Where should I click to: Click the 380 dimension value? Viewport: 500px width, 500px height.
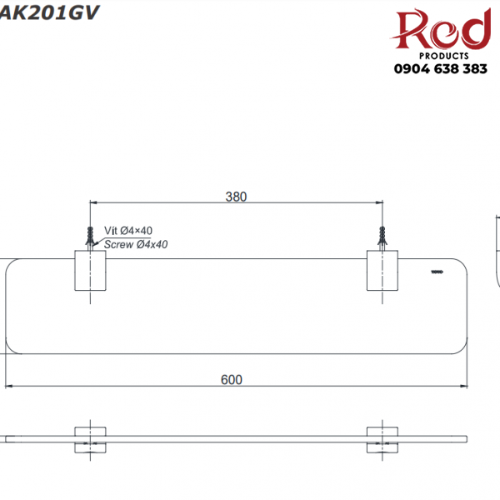click(236, 197)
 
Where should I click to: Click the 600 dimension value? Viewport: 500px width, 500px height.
click(232, 379)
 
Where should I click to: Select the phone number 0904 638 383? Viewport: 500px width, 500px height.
click(440, 69)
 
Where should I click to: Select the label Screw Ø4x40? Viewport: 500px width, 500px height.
click(135, 244)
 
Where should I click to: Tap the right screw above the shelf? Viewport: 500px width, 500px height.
click(384, 235)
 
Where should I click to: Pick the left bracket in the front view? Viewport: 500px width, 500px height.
click(90, 439)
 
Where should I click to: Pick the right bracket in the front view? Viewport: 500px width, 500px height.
click(382, 439)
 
